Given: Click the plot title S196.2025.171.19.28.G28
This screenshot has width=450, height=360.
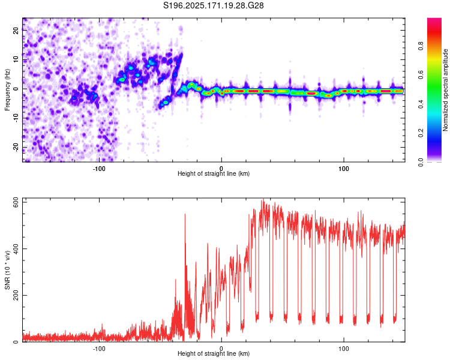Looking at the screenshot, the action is pyautogui.click(x=213, y=5).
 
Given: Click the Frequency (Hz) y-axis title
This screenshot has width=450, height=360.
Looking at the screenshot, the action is pyautogui.click(x=7, y=90).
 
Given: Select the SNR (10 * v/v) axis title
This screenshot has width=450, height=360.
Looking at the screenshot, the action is pyautogui.click(x=7, y=270).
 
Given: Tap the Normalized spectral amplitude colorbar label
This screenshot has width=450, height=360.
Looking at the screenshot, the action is pyautogui.click(x=445, y=90).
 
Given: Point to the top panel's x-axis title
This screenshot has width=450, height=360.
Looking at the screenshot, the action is pyautogui.click(x=214, y=173).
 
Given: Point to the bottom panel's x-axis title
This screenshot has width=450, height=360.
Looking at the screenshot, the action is pyautogui.click(x=214, y=353).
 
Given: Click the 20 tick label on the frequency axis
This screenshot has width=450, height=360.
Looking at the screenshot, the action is pyautogui.click(x=16, y=31).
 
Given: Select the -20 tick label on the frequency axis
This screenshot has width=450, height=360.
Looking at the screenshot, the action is pyautogui.click(x=16, y=147).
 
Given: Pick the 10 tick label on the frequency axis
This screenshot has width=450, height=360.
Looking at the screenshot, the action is pyautogui.click(x=16, y=60).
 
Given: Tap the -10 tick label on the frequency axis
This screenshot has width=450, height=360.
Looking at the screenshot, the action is pyautogui.click(x=16, y=118).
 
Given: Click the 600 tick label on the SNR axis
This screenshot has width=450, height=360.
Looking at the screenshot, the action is pyautogui.click(x=16, y=202).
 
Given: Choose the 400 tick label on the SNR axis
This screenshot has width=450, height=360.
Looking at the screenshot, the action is pyautogui.click(x=16, y=248).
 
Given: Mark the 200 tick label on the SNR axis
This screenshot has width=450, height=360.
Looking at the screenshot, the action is pyautogui.click(x=16, y=295).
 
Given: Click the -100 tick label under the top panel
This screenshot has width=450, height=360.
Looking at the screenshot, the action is pyautogui.click(x=99, y=169).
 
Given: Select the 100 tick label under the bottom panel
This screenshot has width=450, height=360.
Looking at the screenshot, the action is pyautogui.click(x=344, y=349).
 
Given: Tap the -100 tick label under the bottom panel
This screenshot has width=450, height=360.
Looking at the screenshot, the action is pyautogui.click(x=99, y=349).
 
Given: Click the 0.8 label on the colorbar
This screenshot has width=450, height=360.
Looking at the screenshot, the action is pyautogui.click(x=421, y=46).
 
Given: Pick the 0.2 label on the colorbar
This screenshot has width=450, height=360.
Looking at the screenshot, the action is pyautogui.click(x=421, y=133).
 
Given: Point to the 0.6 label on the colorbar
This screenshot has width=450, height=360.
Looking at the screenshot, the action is pyautogui.click(x=421, y=75).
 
